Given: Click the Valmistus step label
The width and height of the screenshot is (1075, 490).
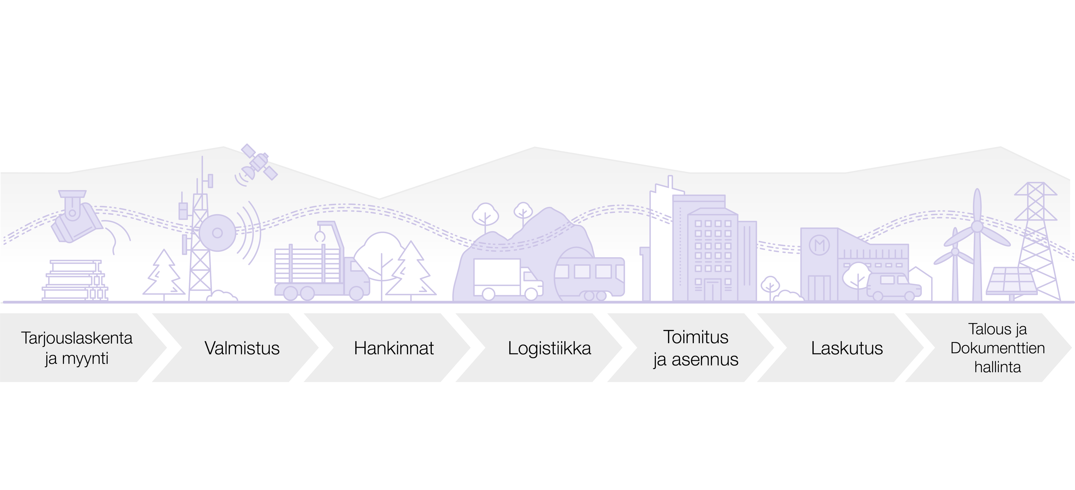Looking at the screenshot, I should tap(242, 348).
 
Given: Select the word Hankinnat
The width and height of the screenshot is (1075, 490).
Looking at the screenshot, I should tap(394, 348).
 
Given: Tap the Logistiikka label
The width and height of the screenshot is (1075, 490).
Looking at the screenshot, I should tap(549, 348).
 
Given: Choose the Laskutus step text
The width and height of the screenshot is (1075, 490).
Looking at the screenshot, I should tap(847, 348).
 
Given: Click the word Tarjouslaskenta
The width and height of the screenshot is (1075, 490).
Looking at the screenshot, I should tap(77, 338).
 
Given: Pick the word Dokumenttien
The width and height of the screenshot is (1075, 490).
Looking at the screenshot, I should tap(997, 348).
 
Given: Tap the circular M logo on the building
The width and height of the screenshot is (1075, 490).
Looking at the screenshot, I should tap(818, 245).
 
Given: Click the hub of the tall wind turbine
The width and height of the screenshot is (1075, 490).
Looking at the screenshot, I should tap(977, 227).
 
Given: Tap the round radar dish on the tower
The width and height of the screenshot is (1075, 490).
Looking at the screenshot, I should tap(217, 232).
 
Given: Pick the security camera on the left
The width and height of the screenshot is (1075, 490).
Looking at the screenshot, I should tap(75, 221).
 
